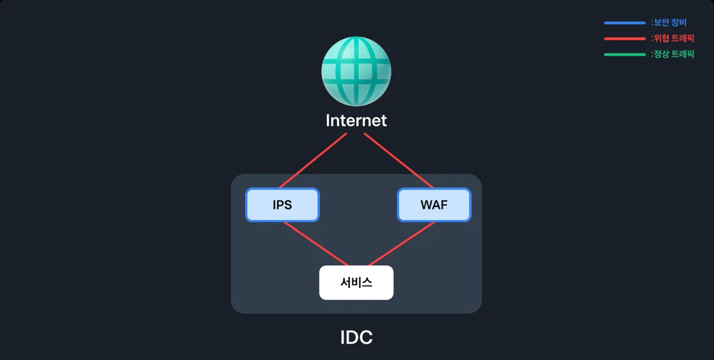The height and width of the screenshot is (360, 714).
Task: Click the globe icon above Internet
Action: coord(356,71)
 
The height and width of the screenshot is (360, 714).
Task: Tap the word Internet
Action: coord(356,121)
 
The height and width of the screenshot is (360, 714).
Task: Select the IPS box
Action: coord(283,205)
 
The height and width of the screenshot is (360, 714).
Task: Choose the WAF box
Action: coord(434,205)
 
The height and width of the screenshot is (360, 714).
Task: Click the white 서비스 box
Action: coord(356,283)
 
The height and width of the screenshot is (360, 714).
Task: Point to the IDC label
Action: coord(356,337)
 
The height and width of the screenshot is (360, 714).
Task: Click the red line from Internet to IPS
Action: coord(313,161)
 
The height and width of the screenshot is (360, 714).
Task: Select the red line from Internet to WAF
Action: coord(399,161)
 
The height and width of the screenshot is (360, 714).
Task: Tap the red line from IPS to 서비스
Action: coord(316,243)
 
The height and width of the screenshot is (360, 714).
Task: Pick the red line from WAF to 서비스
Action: coord(402,243)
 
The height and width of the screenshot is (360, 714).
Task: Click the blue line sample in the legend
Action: coord(625,23)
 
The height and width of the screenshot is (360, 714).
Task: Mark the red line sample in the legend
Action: coord(625,39)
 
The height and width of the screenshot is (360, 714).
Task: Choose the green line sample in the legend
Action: coord(625,55)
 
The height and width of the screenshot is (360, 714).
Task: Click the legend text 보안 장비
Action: coord(670,23)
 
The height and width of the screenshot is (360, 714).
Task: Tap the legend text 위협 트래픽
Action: coord(674,38)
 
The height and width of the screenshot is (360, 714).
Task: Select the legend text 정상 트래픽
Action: coord(674,54)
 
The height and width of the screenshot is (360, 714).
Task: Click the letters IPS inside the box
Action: coord(283,205)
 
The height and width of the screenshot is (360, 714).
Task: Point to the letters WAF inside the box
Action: coord(434,205)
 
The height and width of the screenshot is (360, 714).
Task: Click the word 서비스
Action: coord(356,283)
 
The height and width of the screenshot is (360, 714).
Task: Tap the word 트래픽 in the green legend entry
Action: coord(683,54)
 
